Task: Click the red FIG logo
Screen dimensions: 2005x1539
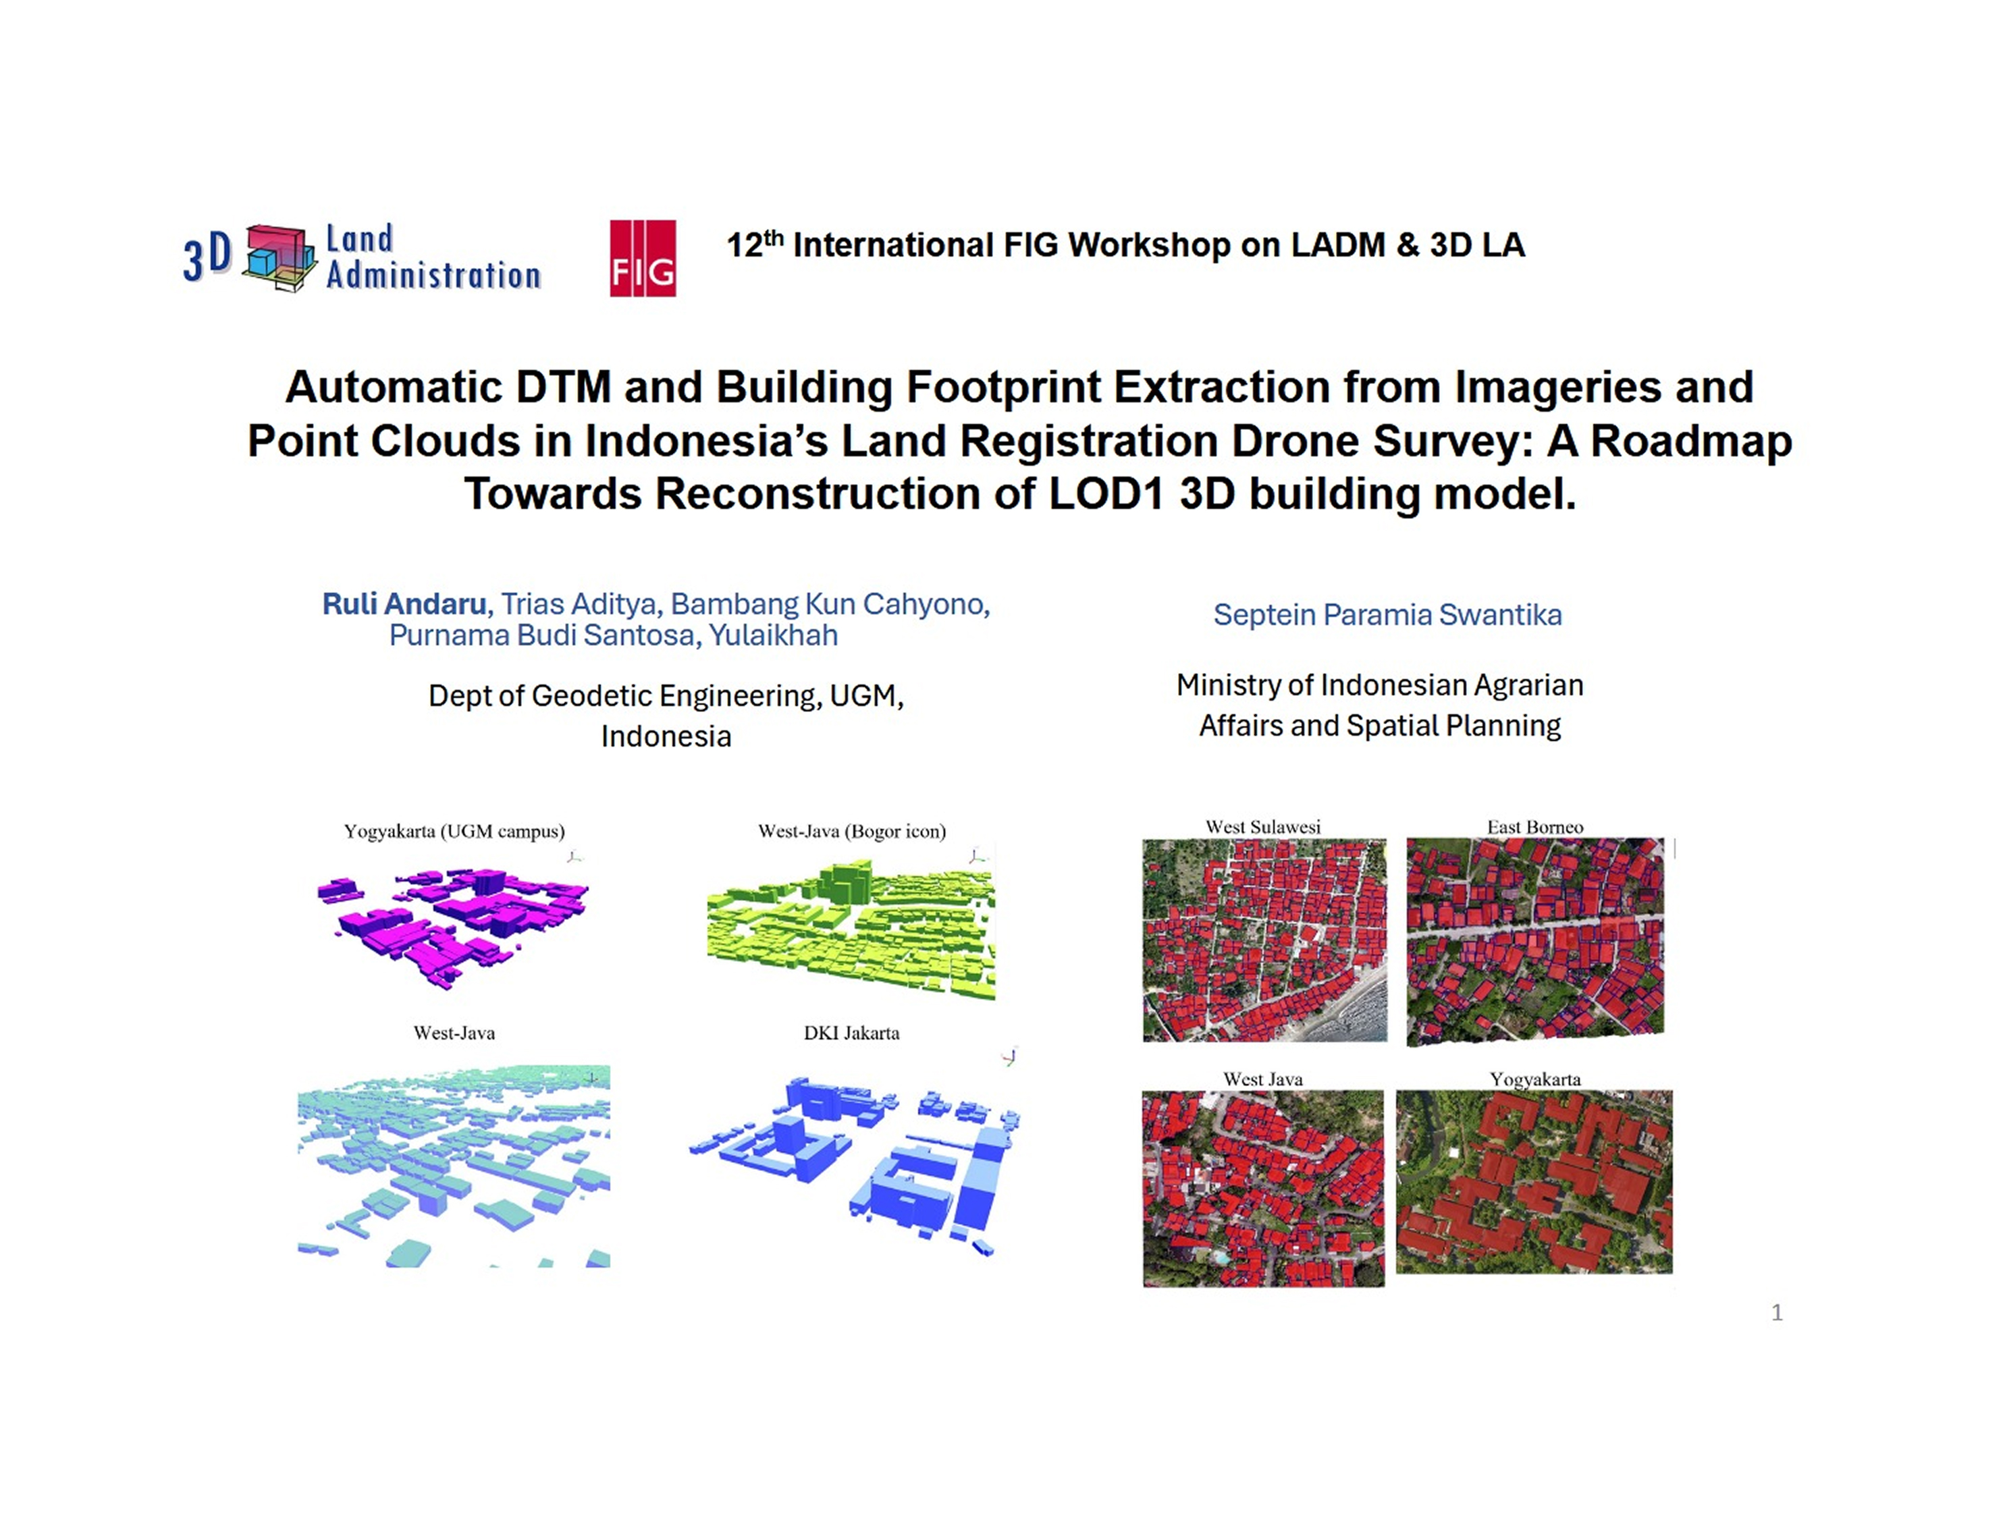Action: pyautogui.click(x=643, y=259)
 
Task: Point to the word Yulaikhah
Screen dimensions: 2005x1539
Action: pyautogui.click(x=773, y=634)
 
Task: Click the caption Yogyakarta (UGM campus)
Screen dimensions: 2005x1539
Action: pyautogui.click(x=454, y=831)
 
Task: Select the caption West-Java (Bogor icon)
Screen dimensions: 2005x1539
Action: pyautogui.click(x=852, y=831)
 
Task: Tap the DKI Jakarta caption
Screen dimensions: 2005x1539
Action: pyautogui.click(x=852, y=1033)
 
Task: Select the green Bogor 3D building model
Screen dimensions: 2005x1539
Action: pyautogui.click(x=851, y=930)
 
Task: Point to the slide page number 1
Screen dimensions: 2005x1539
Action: pyautogui.click(x=1777, y=1313)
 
